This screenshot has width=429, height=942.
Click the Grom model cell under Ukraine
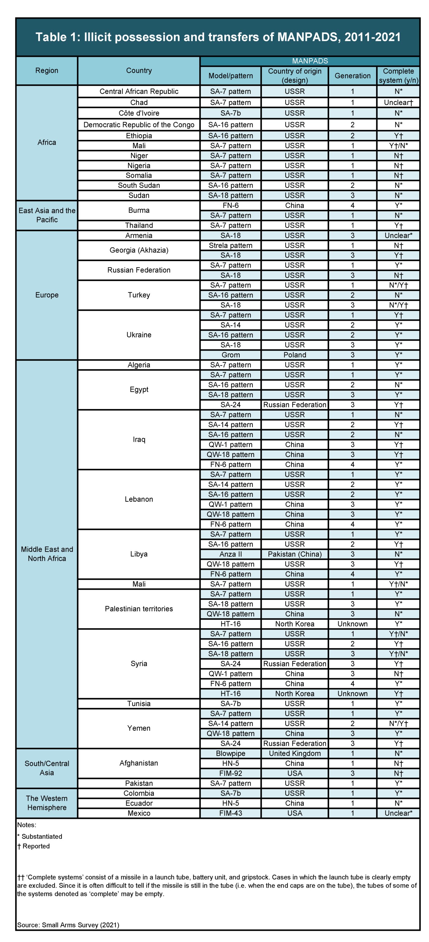click(x=230, y=355)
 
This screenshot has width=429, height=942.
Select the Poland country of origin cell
click(x=294, y=355)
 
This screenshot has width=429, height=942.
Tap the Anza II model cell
click(x=230, y=554)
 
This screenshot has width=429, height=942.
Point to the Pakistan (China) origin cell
click(x=294, y=554)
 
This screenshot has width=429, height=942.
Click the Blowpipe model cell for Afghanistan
click(x=230, y=753)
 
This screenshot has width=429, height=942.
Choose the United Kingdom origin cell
click(x=294, y=753)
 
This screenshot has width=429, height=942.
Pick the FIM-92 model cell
click(x=230, y=773)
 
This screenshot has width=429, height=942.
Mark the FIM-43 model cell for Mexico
click(x=230, y=813)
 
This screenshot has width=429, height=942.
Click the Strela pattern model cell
click(x=230, y=245)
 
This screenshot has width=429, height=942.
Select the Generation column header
click(x=352, y=76)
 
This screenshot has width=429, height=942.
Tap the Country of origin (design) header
click(x=294, y=76)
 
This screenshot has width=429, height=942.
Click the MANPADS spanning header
click(x=310, y=61)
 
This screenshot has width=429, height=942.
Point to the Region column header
click(x=47, y=71)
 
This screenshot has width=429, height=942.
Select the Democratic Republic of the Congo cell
click(x=139, y=125)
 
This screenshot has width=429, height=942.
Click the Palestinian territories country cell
click(x=139, y=608)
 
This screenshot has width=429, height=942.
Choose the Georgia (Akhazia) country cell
click(x=139, y=250)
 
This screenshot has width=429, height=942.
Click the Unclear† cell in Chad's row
click(x=398, y=102)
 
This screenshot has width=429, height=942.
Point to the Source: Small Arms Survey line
click(x=68, y=925)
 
